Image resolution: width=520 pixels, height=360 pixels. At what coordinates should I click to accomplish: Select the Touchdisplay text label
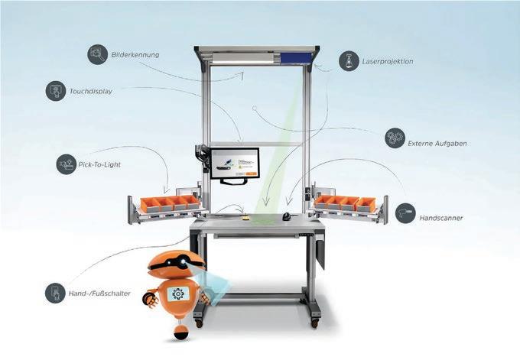(91, 90)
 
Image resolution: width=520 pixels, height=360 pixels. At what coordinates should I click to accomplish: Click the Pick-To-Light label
(100, 164)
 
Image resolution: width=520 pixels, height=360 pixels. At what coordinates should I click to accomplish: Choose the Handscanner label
(441, 218)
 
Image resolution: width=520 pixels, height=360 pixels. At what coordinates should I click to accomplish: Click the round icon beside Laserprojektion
(348, 60)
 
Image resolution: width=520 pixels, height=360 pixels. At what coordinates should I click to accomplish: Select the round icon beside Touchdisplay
(55, 90)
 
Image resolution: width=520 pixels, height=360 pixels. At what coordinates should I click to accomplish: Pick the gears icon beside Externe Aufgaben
(395, 138)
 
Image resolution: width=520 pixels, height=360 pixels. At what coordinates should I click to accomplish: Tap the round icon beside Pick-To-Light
(66, 164)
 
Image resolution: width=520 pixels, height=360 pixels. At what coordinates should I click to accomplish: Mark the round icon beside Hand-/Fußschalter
(54, 293)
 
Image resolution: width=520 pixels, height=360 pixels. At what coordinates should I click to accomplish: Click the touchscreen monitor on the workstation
(235, 164)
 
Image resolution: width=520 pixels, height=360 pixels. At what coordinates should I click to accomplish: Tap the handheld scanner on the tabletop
(285, 217)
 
